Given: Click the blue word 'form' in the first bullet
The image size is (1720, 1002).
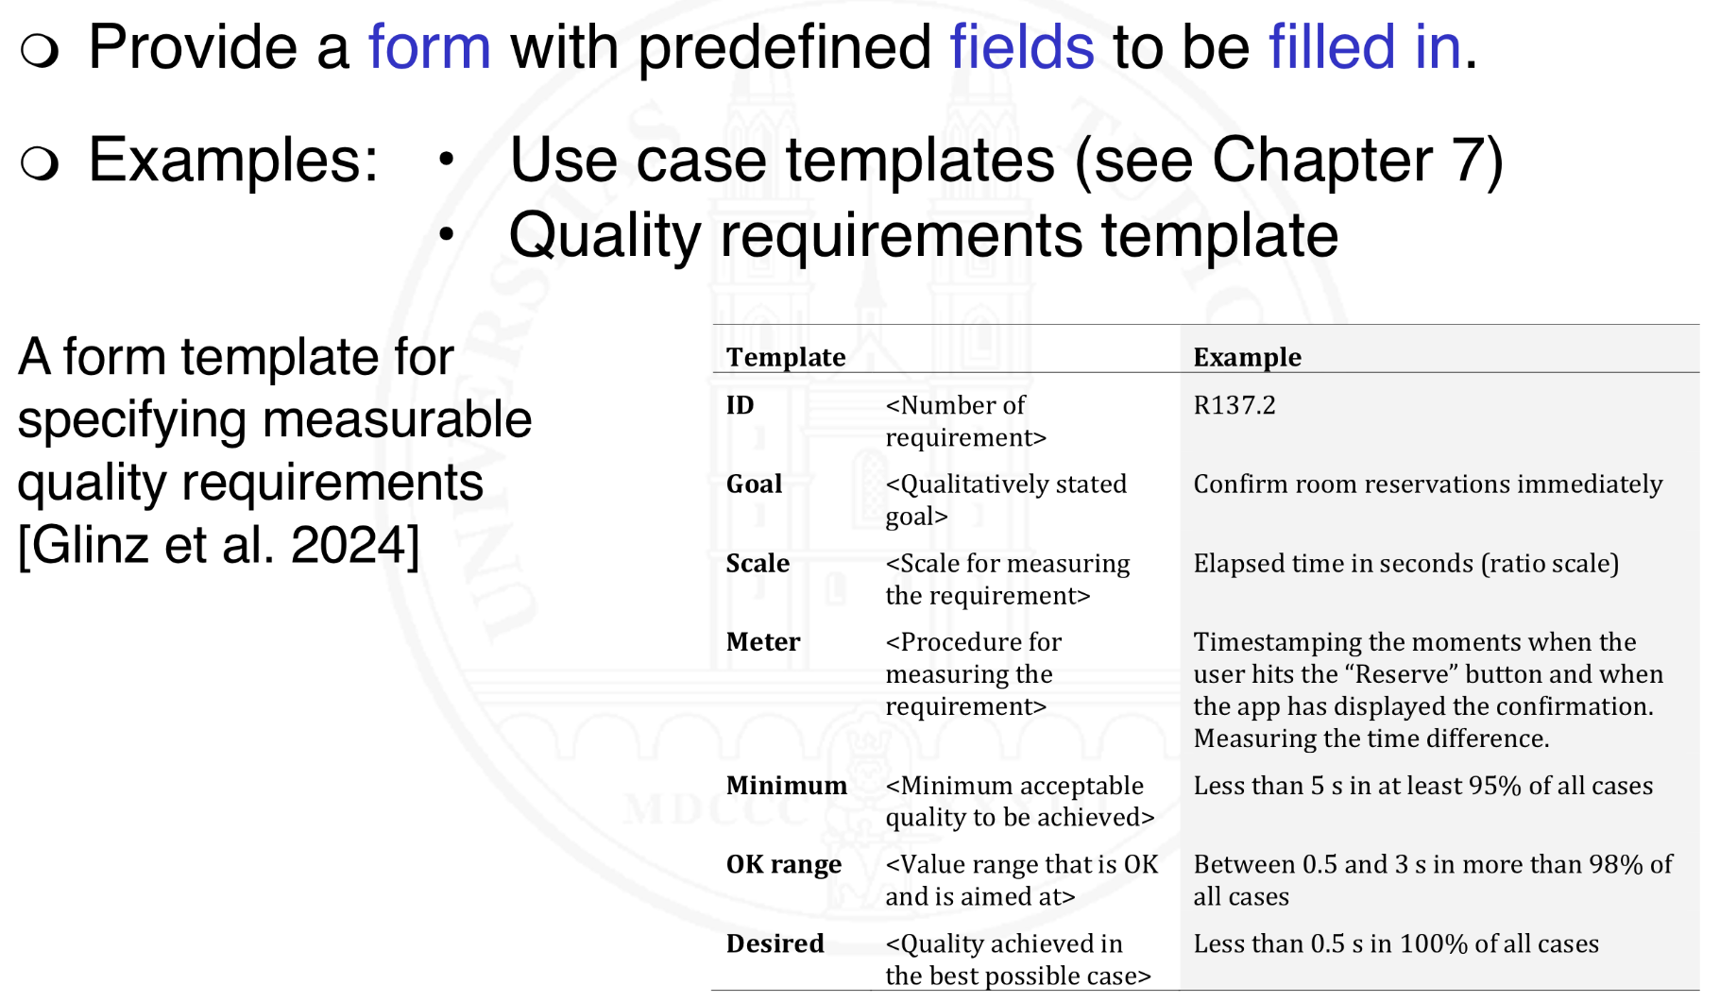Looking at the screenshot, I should (429, 47).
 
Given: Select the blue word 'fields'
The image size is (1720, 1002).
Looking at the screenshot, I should (1021, 47).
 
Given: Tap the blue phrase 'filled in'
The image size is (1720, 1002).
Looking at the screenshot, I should (1363, 47).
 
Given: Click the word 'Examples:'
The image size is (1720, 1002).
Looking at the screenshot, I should (233, 161).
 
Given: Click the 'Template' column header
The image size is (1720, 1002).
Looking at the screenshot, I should (786, 357).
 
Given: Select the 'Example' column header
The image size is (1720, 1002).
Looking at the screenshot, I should (1247, 357).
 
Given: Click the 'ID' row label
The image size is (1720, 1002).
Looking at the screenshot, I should (740, 406).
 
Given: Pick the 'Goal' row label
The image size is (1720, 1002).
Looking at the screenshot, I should (754, 484).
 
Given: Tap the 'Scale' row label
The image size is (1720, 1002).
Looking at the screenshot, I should (758, 564).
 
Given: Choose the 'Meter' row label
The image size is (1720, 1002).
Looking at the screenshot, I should (762, 642).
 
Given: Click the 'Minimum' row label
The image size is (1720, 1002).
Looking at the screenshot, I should (786, 786).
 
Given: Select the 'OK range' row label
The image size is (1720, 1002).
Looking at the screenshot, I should (783, 865).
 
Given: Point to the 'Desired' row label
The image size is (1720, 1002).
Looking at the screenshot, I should (775, 943).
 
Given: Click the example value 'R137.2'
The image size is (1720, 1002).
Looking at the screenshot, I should (1234, 406).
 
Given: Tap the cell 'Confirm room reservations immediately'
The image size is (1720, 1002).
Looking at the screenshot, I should (1427, 484).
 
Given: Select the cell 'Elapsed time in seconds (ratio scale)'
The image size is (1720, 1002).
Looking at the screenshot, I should (1405, 564).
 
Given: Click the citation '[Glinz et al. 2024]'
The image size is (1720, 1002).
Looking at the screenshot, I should (218, 545).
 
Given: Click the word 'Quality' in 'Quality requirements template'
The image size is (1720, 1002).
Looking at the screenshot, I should (604, 236).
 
